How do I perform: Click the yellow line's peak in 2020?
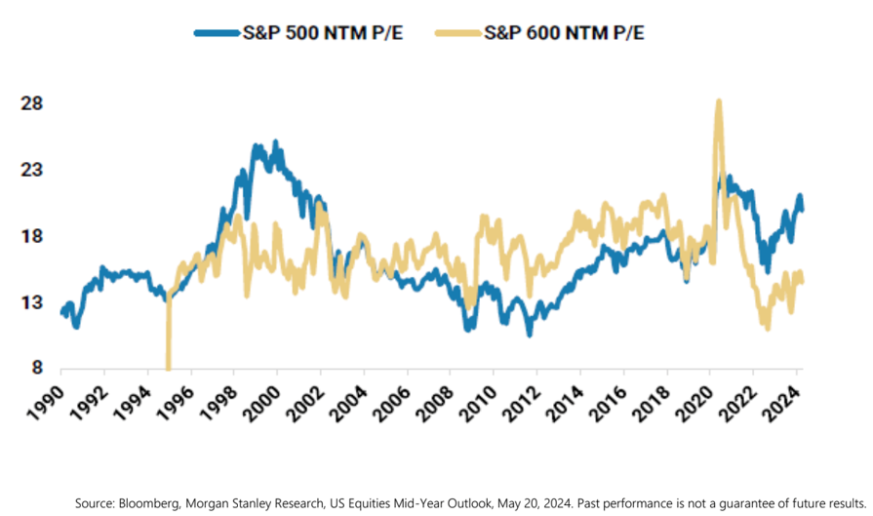pyautogui.click(x=718, y=101)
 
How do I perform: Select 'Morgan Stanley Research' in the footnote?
pyautogui.click(x=258, y=502)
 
